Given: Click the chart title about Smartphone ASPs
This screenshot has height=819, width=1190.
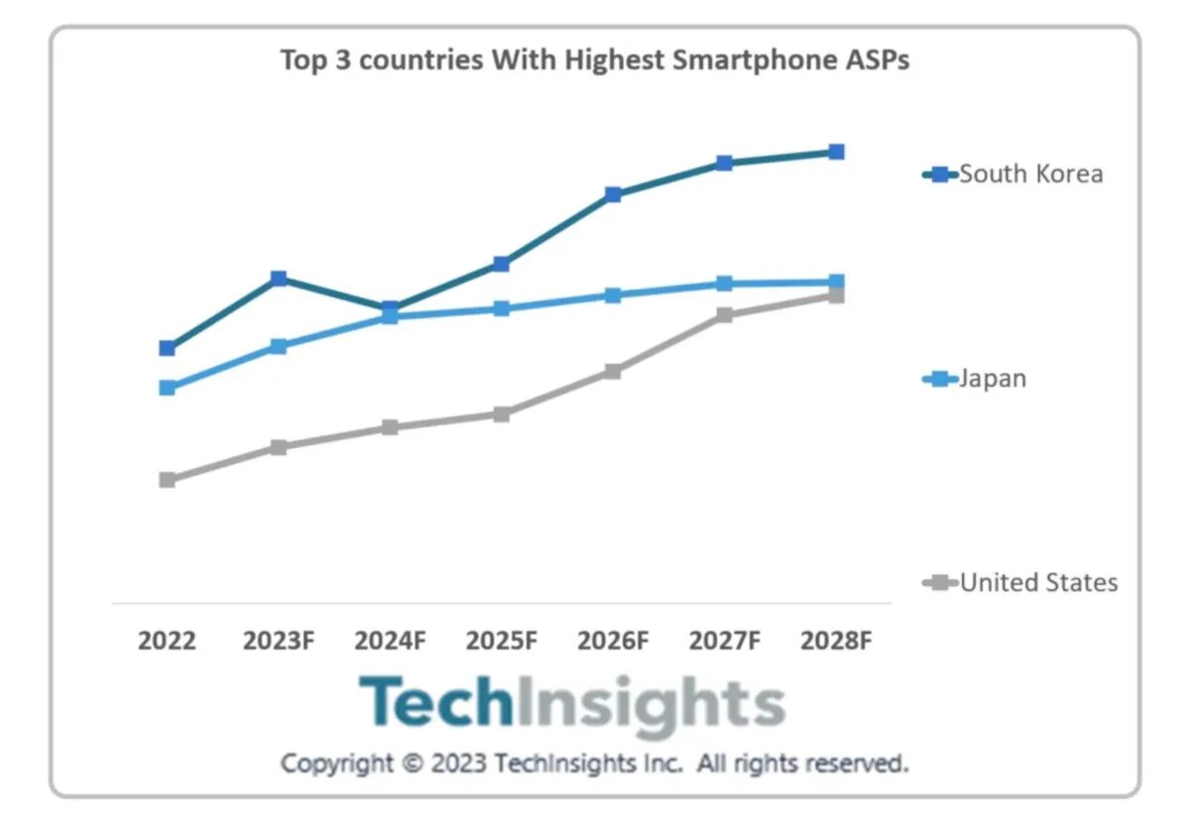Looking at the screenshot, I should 595,60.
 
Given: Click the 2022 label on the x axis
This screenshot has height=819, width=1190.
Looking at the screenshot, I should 167,641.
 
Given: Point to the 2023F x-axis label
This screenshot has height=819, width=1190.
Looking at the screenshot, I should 279,641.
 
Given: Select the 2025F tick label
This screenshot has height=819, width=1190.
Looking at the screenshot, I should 502,641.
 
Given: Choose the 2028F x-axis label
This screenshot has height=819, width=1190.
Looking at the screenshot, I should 836,641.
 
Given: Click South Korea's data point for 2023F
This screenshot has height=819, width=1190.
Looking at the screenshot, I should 279,278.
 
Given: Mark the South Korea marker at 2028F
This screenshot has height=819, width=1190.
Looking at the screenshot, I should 836,152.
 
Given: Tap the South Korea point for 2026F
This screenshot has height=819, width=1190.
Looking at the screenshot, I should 613,194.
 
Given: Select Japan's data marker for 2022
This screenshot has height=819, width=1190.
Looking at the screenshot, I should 167,388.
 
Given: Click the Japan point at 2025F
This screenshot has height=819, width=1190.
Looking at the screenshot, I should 502,308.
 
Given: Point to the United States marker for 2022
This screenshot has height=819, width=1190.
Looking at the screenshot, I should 167,480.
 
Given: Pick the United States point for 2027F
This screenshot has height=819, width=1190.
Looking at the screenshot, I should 725,315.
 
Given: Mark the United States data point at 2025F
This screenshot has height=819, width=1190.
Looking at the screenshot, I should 502,413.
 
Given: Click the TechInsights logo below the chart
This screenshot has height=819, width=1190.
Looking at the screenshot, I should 571,704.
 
